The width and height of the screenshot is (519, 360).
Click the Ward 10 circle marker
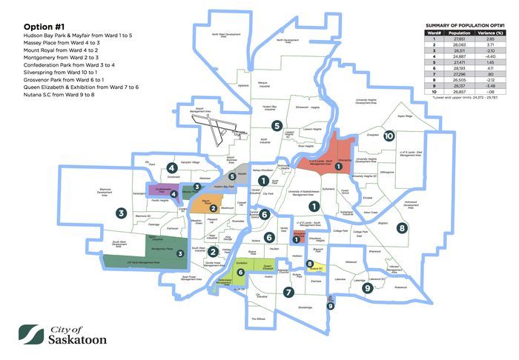pyautogui.click(x=389, y=136)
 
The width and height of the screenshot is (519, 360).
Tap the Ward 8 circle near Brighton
pyautogui.click(x=402, y=228)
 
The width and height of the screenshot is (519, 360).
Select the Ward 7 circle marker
pyautogui.click(x=288, y=293)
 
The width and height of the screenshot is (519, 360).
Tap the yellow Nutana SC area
pyautogui.click(x=319, y=268)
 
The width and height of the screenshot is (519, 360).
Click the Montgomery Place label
pyautogui.click(x=162, y=250)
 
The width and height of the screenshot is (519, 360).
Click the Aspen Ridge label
pyautogui.click(x=405, y=116)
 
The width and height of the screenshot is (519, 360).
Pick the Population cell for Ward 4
pyautogui.click(x=460, y=56)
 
